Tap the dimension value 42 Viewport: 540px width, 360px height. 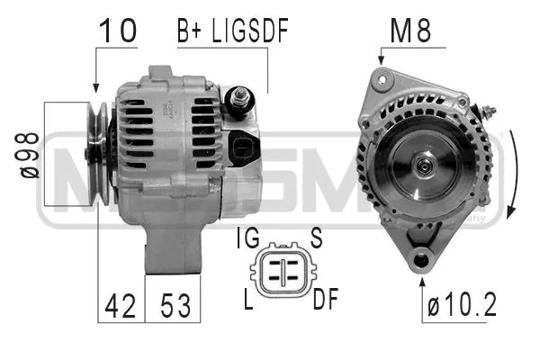click(x=120, y=307)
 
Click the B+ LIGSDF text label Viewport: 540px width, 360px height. click(x=232, y=32)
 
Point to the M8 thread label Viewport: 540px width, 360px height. click(x=410, y=32)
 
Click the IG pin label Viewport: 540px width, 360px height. click(x=249, y=238)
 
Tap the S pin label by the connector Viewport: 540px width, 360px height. click(x=316, y=238)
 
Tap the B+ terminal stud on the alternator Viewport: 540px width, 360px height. click(x=242, y=96)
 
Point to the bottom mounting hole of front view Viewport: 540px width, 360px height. click(x=420, y=262)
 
